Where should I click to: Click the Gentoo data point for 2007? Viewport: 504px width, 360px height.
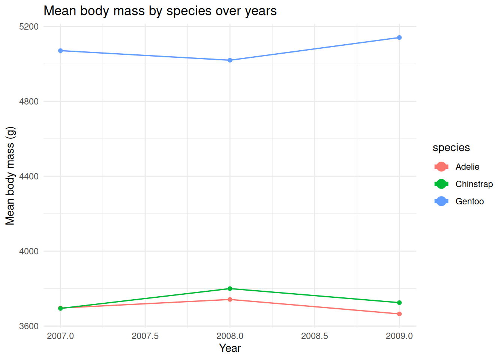[x=60, y=51]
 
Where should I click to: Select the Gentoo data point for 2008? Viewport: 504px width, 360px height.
[x=230, y=60]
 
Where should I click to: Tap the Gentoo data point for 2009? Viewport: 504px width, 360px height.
[x=399, y=37]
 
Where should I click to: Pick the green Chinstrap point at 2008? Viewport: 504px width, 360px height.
[x=230, y=289]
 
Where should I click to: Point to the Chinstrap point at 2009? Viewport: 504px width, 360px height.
[x=399, y=303]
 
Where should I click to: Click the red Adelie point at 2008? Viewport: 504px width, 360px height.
[x=230, y=299]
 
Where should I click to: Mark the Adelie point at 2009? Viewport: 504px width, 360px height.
[x=399, y=314]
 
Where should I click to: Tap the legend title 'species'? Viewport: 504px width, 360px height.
[x=451, y=148]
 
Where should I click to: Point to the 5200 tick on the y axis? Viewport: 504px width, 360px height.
[x=29, y=27]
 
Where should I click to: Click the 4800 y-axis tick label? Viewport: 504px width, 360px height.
[x=29, y=101]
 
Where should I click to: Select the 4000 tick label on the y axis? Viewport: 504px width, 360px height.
[x=29, y=251]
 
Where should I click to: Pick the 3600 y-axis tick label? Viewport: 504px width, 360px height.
[x=29, y=326]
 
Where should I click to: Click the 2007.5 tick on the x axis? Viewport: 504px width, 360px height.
[x=145, y=336]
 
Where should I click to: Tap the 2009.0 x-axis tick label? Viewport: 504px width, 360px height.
[x=399, y=336]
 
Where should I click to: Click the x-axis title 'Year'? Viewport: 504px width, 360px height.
[x=230, y=348]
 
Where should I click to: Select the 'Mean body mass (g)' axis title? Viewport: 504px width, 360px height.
[x=10, y=176]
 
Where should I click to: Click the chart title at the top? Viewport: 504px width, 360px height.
[x=160, y=11]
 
